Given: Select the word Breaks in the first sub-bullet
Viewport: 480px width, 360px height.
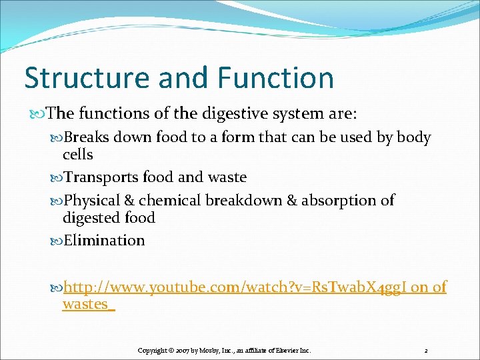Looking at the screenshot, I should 86,138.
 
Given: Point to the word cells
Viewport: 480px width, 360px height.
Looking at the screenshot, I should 77,155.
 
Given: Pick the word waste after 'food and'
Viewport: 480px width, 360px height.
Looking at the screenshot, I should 227,177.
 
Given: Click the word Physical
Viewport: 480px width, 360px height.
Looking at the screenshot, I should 92,200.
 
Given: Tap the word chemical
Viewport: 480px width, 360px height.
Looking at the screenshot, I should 170,200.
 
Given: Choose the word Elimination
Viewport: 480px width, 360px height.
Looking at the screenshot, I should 103,240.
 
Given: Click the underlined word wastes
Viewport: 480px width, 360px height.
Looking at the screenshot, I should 87,305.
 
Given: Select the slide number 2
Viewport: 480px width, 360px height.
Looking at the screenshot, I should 425,350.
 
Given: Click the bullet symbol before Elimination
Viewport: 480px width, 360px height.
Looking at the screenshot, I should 56,241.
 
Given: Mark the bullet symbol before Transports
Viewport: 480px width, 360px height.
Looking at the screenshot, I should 56,178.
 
